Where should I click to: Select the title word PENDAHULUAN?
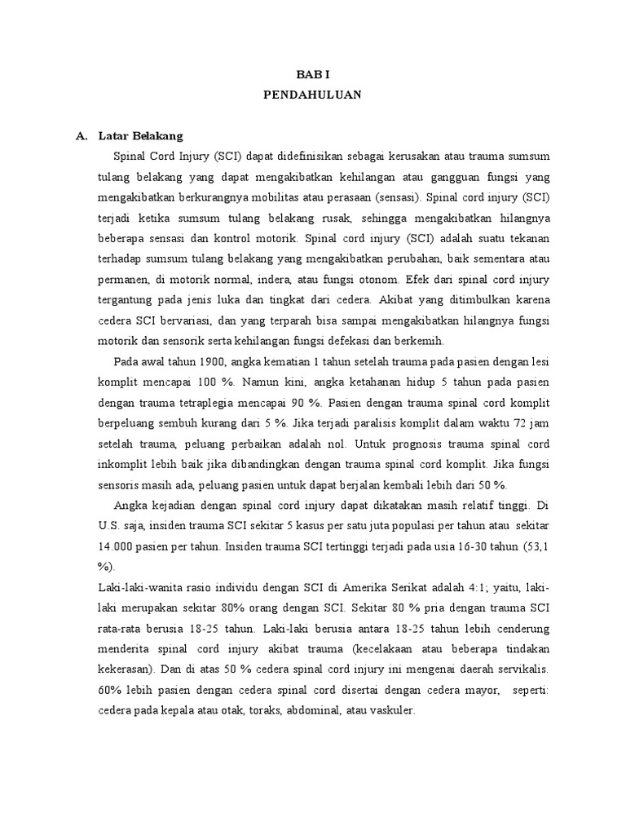[312, 95]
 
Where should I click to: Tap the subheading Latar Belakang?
[140, 135]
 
